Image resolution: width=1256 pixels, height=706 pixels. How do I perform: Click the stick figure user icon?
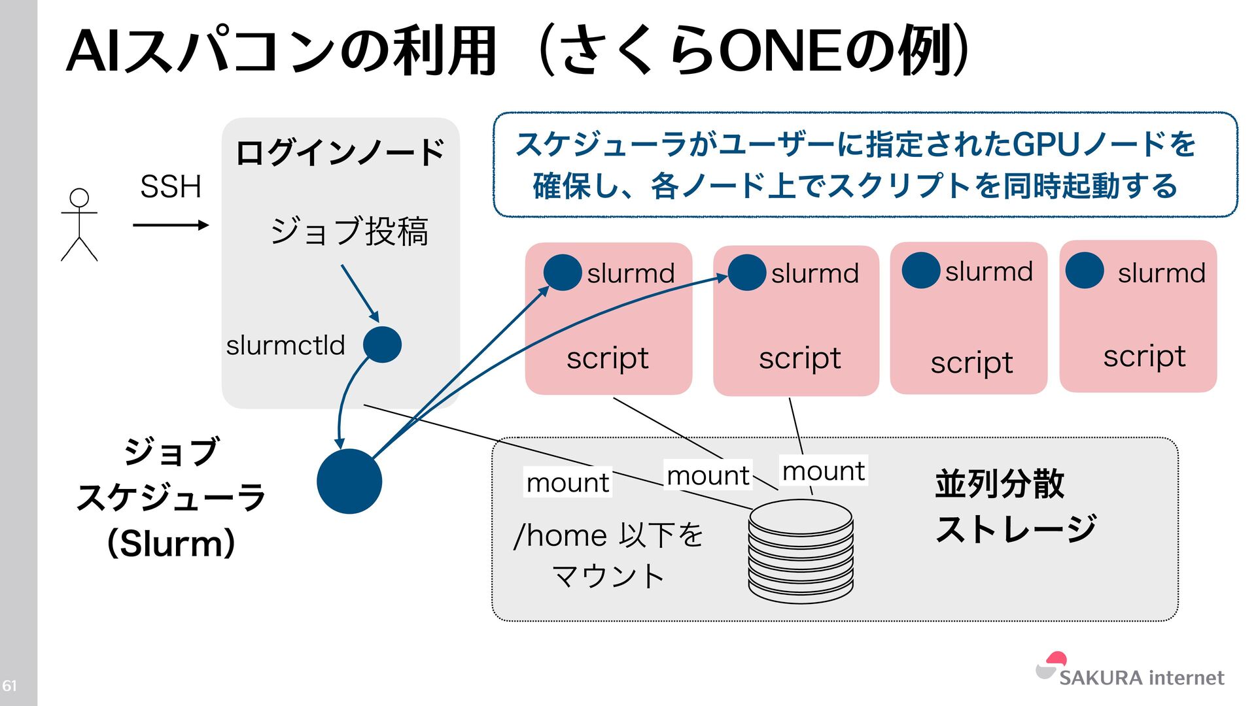tap(79, 225)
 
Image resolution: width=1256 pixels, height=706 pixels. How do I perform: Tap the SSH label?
tap(171, 187)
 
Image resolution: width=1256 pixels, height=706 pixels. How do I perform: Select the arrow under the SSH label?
tap(170, 226)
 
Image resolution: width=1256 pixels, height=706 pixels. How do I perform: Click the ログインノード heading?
tap(340, 153)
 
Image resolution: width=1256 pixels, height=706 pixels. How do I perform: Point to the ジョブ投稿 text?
tap(349, 231)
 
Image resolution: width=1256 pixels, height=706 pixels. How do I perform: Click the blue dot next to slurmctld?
tap(382, 345)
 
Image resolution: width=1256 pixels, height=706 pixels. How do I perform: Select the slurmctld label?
tap(285, 345)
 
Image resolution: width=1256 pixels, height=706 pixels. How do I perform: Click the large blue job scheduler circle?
tap(349, 481)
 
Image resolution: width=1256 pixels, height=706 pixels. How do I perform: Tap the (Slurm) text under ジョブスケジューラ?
tap(171, 543)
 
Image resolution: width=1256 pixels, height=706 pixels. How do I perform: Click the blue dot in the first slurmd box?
tap(563, 273)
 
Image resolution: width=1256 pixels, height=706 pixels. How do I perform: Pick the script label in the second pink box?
tap(799, 358)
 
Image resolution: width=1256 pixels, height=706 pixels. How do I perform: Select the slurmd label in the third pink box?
tap(988, 272)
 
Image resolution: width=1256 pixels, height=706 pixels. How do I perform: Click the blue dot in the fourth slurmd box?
tap(1085, 271)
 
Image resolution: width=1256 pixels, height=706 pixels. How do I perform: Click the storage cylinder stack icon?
tap(801, 550)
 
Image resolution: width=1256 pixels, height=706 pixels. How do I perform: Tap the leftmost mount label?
tap(568, 483)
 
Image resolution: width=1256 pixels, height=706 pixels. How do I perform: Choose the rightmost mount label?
tap(824, 471)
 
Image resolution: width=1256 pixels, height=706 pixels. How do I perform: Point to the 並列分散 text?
tap(1000, 484)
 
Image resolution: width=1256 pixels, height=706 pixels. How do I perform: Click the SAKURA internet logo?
tap(1130, 671)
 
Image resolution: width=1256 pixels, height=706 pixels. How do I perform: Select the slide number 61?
tap(9, 686)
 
